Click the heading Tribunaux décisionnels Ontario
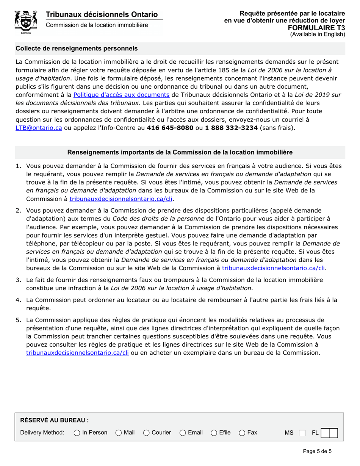tap(102, 14)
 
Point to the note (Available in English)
tap(318, 34)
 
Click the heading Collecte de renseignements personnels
tap(77, 48)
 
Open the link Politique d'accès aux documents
tap(121, 95)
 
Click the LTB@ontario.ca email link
tap(39, 128)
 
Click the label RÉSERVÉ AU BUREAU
tap(54, 420)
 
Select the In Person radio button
tap(77, 432)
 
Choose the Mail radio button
tap(119, 432)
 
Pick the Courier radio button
tap(147, 432)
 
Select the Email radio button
tap(183, 432)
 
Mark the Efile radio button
tap(214, 432)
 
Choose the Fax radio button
tap(242, 432)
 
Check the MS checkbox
tap(302, 433)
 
